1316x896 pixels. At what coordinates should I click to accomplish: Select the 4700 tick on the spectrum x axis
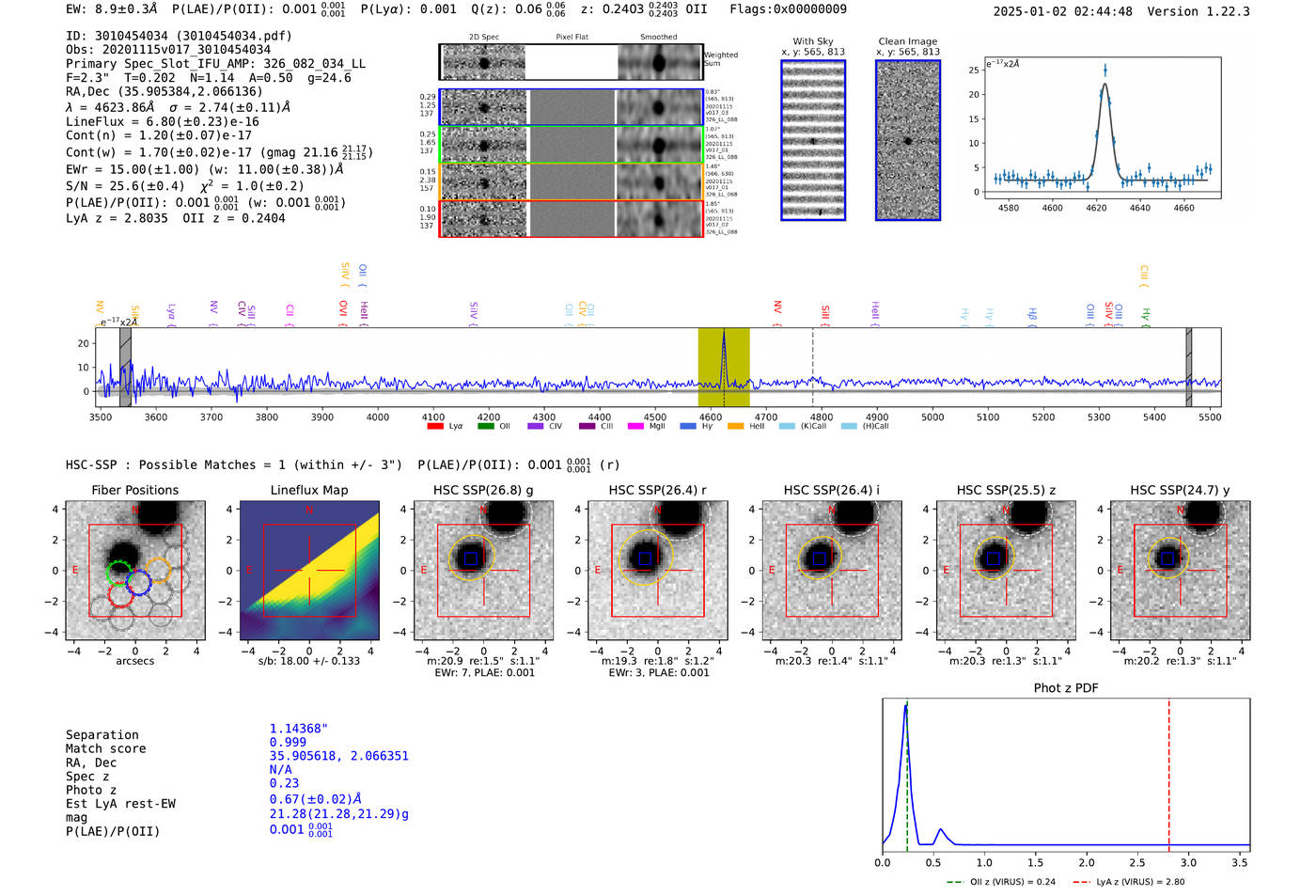click(x=766, y=417)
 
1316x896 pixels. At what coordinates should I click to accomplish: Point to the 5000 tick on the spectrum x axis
click(x=932, y=417)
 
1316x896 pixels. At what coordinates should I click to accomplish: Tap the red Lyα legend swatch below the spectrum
click(x=435, y=426)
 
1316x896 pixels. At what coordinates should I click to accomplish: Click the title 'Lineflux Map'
click(x=309, y=490)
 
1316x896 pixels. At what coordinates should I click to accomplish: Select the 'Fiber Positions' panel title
click(x=134, y=490)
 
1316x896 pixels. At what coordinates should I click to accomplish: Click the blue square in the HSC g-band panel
click(x=470, y=558)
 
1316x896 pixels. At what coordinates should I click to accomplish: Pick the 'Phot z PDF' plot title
click(x=1066, y=688)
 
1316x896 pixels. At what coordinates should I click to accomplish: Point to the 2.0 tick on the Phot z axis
click(x=1087, y=862)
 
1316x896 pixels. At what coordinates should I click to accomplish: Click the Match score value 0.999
click(x=288, y=742)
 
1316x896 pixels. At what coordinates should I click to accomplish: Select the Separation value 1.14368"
click(x=299, y=729)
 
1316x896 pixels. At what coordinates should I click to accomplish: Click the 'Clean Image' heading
click(x=907, y=41)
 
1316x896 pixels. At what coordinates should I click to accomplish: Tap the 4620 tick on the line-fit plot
click(x=1096, y=208)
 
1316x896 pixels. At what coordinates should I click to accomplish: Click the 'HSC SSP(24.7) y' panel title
click(x=1180, y=490)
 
